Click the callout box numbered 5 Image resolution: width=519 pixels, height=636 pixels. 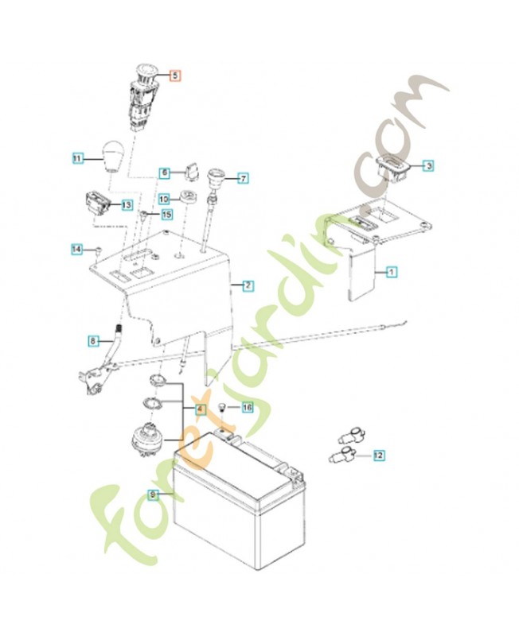175,76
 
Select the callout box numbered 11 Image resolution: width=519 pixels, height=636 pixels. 78,157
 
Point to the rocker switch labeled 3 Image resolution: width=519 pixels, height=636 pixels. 393,168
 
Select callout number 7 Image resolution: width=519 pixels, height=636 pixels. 243,177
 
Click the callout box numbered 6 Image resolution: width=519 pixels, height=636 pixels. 165,173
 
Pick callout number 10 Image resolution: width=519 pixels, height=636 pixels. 164,200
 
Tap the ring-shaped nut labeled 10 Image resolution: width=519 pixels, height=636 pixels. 188,197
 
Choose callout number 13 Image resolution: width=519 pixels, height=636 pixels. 127,205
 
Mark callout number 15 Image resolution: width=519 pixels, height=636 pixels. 167,214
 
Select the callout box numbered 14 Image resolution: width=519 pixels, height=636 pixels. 76,249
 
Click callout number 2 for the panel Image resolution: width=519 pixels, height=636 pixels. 248,285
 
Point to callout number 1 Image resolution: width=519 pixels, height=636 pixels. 391,271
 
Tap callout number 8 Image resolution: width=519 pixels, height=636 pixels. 93,341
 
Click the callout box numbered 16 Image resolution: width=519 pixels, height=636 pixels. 248,407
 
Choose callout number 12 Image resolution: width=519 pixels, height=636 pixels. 378,456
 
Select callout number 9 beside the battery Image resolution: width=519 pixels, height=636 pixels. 153,494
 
